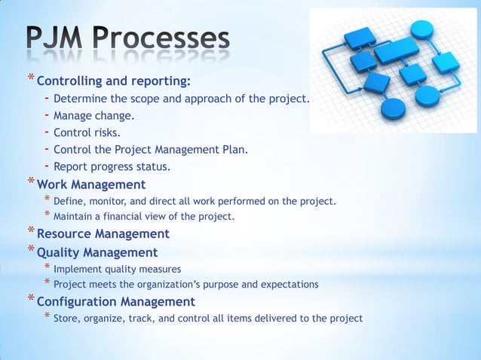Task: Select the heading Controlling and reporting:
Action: tap(113, 81)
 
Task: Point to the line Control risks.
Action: tap(92, 133)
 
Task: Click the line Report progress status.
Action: tap(112, 166)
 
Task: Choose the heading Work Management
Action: tap(91, 185)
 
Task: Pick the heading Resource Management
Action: tap(103, 234)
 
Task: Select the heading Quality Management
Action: tap(97, 253)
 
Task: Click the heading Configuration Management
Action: tap(116, 302)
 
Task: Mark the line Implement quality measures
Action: tap(117, 268)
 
